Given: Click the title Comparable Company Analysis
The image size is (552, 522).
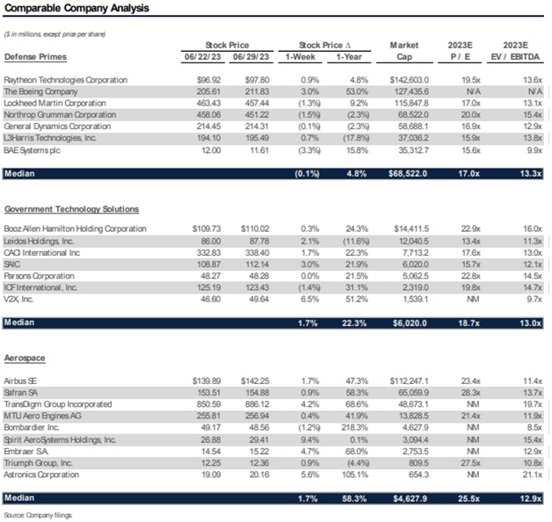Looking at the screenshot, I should pos(76,9).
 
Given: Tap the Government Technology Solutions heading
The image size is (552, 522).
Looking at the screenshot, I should pos(71,209).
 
